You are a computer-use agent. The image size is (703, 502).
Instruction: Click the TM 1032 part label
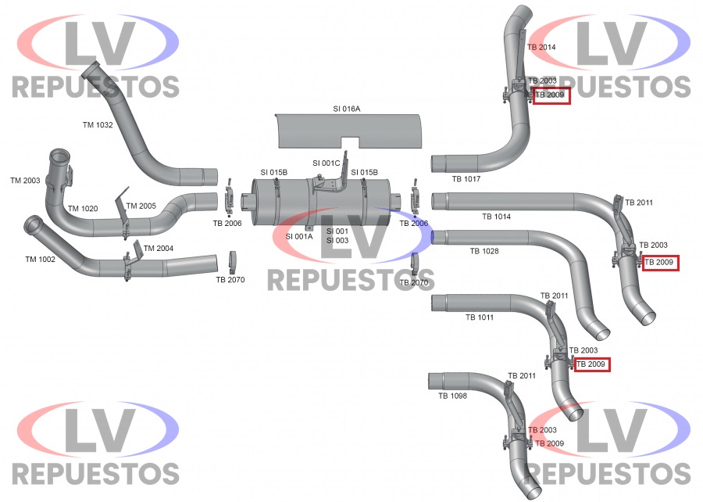point(98,124)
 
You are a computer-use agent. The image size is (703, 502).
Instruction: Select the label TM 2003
point(25,181)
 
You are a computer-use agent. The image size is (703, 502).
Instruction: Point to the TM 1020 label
point(83,208)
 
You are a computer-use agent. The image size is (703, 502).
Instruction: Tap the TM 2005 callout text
point(141,206)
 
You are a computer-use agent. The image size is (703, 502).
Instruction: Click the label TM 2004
point(159,248)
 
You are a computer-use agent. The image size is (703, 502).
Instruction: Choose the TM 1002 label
point(41,260)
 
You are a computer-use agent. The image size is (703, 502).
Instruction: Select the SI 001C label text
point(327,163)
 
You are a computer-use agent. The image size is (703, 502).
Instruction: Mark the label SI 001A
point(299,236)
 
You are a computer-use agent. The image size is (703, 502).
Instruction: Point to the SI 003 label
point(337,241)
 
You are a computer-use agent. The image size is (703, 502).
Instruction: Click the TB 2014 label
point(541,47)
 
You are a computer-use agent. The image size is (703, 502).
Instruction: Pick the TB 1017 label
point(466,179)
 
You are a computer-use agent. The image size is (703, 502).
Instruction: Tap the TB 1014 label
point(496,217)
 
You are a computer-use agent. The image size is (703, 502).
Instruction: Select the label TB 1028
point(484,251)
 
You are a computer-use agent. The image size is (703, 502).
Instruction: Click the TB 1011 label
point(480,317)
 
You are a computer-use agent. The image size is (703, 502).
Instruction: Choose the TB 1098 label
point(452,396)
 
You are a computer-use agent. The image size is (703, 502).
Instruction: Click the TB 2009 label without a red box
point(550,443)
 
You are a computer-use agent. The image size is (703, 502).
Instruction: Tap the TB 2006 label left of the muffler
point(227,224)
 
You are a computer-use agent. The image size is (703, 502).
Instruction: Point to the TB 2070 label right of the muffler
point(414,282)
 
